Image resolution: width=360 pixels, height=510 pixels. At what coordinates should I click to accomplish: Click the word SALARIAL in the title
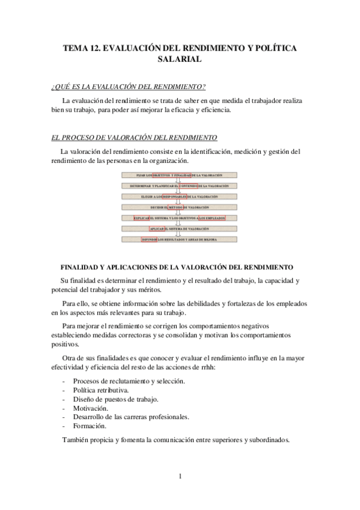tap(180, 60)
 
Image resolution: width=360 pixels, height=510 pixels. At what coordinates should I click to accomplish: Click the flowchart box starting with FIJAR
tap(180, 175)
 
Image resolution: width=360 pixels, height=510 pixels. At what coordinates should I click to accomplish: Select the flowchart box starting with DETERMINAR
tap(180, 186)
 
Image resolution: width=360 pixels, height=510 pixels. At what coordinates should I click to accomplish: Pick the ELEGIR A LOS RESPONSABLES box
tap(180, 197)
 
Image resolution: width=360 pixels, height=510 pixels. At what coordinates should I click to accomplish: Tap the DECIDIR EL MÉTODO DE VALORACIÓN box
tap(180, 207)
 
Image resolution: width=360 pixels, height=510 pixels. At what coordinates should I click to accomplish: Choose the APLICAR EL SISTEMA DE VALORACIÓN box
tap(180, 229)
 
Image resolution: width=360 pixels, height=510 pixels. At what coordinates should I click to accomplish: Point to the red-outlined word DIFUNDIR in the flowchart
tap(149, 239)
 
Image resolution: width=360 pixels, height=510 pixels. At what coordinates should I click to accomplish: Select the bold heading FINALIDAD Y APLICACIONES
tap(177, 266)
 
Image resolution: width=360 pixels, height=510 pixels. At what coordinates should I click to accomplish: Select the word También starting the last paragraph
tap(76, 440)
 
